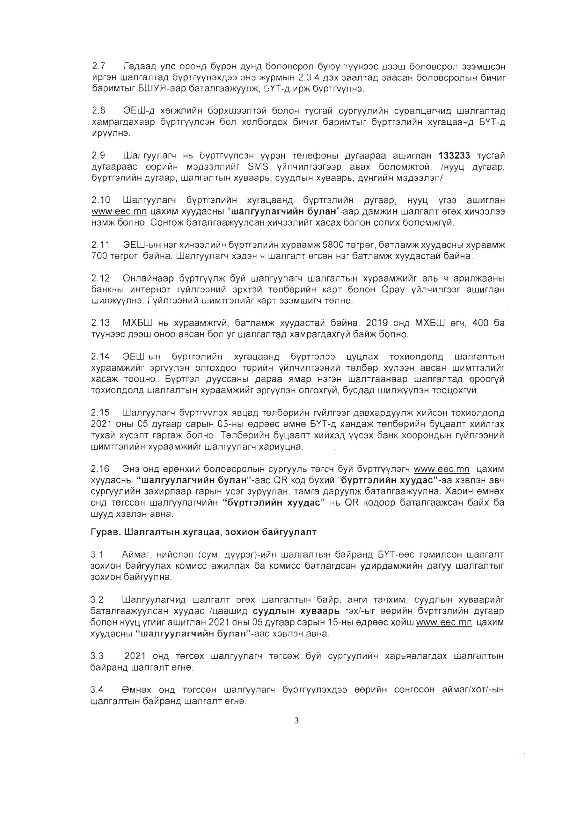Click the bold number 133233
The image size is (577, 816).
(454, 156)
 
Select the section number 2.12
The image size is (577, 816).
(101, 278)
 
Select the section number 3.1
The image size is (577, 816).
(97, 554)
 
